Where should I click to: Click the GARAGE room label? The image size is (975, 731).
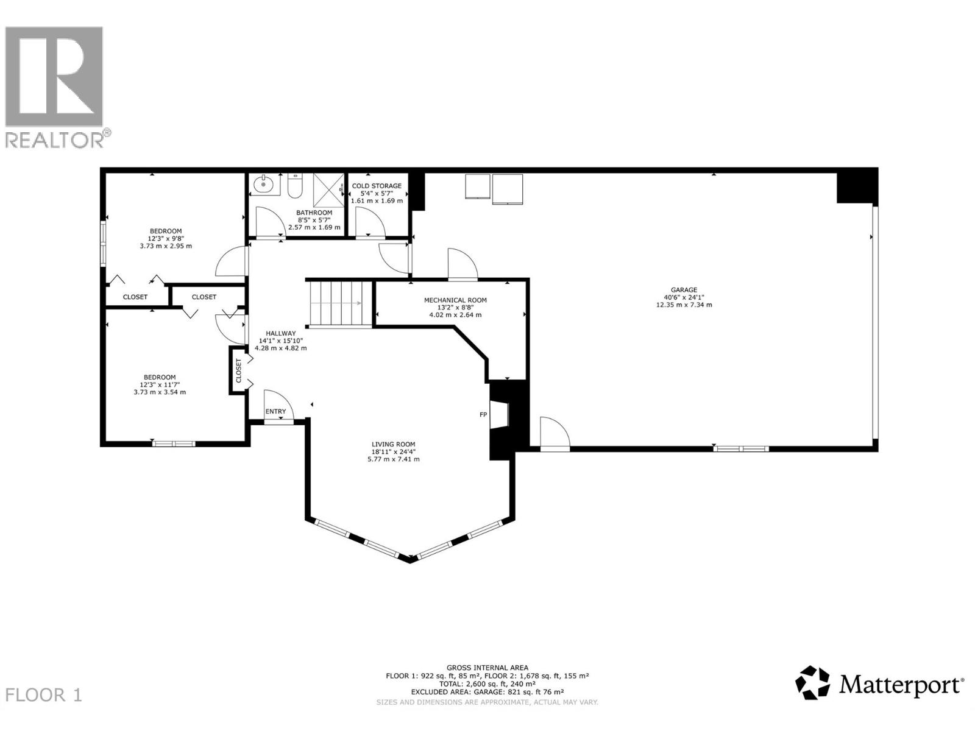pos(684,290)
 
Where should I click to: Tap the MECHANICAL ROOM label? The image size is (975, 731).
pos(455,300)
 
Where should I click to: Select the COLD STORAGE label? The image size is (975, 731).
pos(377,186)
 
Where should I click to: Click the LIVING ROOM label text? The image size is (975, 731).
pos(393,445)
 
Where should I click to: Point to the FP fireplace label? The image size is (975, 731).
pos(483,415)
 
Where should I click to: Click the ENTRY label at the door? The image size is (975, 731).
pos(275,412)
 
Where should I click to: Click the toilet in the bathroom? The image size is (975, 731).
pos(295,185)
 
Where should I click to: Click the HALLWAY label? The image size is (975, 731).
pos(280,333)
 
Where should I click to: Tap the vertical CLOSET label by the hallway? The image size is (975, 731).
pos(238,370)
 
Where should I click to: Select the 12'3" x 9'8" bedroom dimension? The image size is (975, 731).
pos(166,239)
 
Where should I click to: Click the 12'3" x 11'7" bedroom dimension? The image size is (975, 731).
pos(160,385)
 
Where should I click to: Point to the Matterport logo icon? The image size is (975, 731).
pos(813,682)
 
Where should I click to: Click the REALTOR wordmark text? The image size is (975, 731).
pos(55,139)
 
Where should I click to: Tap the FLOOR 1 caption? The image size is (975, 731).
pos(44,695)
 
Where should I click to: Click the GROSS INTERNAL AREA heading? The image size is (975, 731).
pos(487,668)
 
